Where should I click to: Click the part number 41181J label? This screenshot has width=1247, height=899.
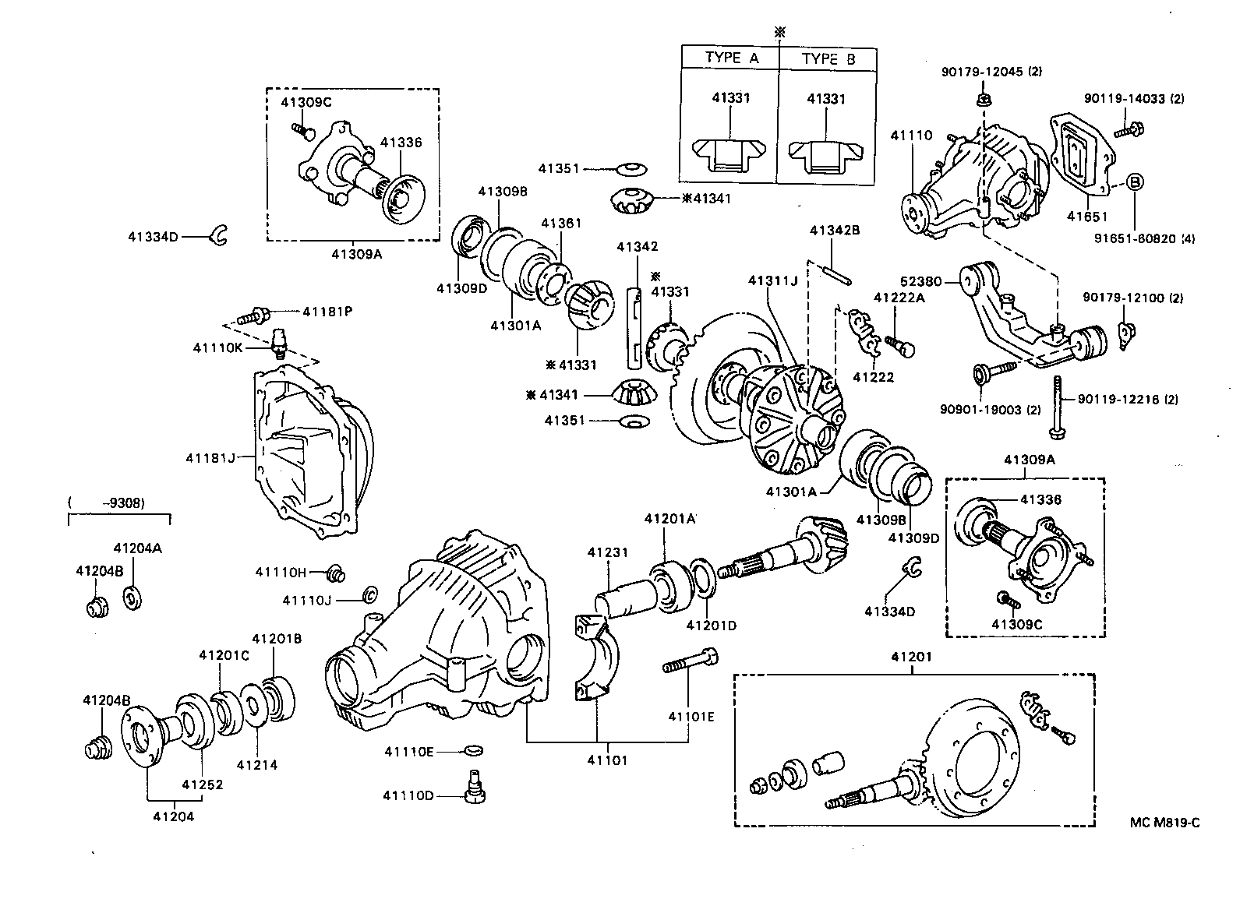coord(210,457)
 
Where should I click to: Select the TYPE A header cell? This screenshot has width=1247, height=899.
coord(731,58)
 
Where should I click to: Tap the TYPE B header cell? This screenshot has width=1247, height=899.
coord(828,58)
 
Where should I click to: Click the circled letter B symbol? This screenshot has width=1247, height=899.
coord(1136,182)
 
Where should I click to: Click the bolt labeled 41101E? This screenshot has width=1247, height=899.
coord(690,667)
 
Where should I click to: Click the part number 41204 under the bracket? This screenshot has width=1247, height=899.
coord(173,816)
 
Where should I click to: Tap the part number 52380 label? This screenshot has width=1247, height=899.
coord(921,282)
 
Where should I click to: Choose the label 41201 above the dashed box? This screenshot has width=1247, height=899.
coord(911,657)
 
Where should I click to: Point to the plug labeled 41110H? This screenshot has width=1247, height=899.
coord(337,573)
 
